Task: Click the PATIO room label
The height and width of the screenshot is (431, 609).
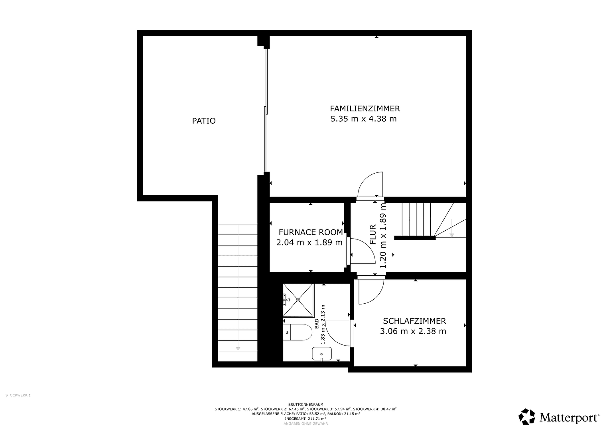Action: pyautogui.click(x=204, y=121)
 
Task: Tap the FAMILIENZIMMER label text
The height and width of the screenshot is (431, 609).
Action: pyautogui.click(x=365, y=108)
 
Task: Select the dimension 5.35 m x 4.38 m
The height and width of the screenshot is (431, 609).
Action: pyautogui.click(x=363, y=119)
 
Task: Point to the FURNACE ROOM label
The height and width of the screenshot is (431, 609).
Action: pyautogui.click(x=310, y=232)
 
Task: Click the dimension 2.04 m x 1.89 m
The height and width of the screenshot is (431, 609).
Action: pyautogui.click(x=309, y=242)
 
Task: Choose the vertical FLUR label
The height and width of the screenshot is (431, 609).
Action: pyautogui.click(x=373, y=235)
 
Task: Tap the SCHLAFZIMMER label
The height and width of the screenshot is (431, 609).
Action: pyautogui.click(x=414, y=321)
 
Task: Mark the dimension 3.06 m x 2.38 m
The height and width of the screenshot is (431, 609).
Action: pyautogui.click(x=413, y=331)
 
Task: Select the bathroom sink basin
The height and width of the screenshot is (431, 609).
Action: pyautogui.click(x=321, y=353)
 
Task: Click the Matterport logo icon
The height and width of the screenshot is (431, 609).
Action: pyautogui.click(x=526, y=417)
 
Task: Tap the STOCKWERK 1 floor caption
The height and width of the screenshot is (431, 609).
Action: pyautogui.click(x=18, y=395)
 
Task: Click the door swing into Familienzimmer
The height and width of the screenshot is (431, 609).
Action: pyautogui.click(x=371, y=184)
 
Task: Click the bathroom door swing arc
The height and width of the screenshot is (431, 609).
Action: pyautogui.click(x=337, y=334)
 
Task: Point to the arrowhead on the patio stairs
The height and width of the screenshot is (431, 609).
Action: pyautogui.click(x=238, y=348)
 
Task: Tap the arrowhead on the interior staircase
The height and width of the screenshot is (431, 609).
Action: pyautogui.click(x=451, y=235)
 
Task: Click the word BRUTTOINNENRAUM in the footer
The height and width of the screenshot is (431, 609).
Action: pyautogui.click(x=305, y=404)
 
